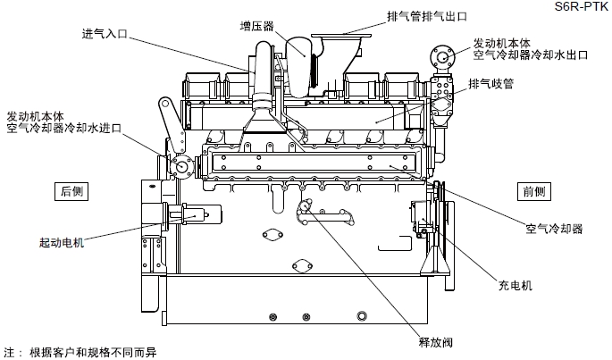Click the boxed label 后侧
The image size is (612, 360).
(71, 190)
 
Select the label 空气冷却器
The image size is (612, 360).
(554, 230)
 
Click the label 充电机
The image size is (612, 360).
(515, 286)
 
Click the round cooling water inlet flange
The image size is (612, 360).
(183, 166)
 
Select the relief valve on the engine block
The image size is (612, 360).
(306, 207)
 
